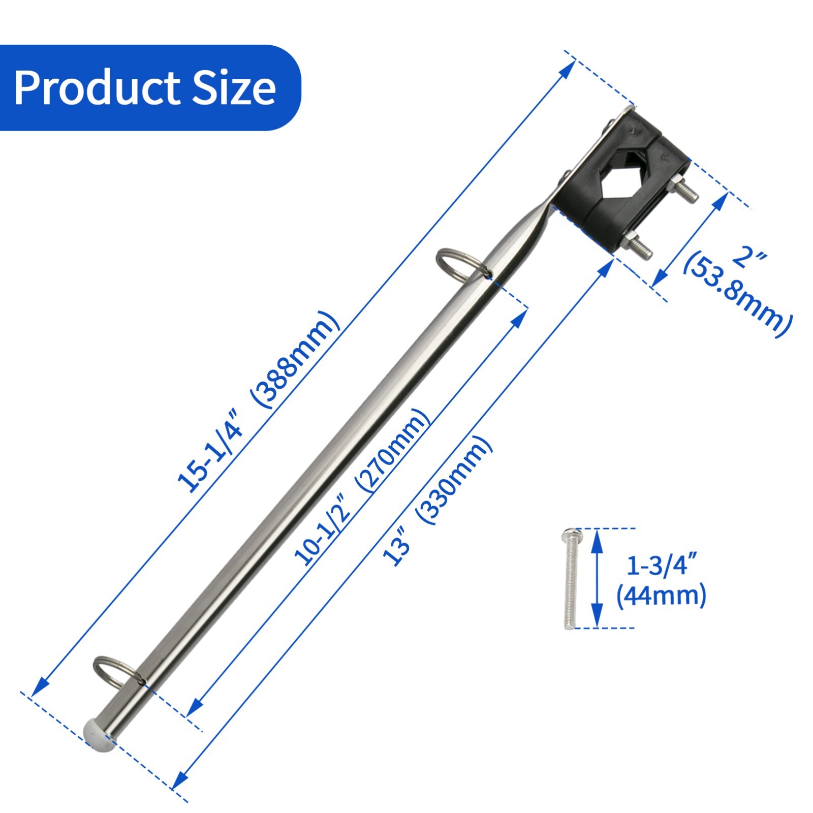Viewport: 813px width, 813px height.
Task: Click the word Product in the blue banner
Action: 97,88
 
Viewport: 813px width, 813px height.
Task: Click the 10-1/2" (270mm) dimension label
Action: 362,488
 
